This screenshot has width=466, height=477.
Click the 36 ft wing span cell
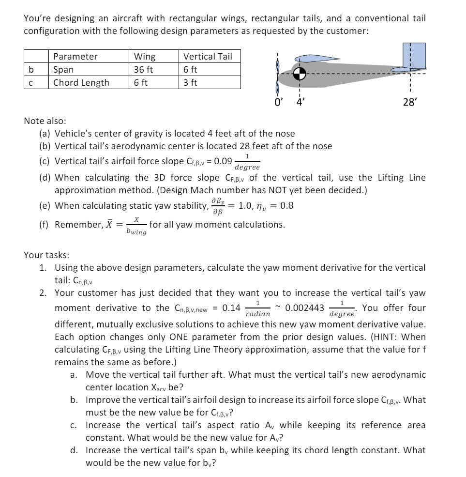pos(144,69)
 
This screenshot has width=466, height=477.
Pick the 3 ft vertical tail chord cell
pos(191,82)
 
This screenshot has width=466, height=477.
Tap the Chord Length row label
pos(81,82)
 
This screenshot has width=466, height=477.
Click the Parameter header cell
pos(75,56)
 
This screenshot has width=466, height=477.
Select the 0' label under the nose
pos(278,102)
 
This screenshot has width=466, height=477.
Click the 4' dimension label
pos(300,102)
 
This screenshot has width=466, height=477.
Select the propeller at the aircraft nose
pos(277,74)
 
